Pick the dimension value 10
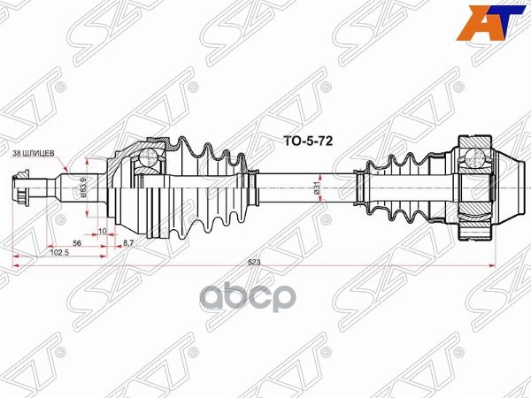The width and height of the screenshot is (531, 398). (x=104, y=231)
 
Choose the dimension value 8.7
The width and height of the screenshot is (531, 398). (x=128, y=241)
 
